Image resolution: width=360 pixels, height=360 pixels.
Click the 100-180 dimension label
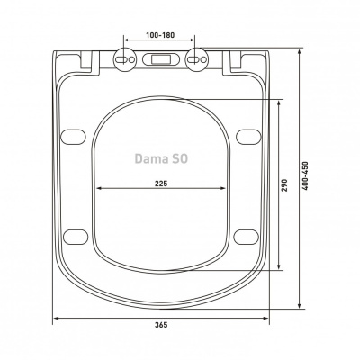(160, 35)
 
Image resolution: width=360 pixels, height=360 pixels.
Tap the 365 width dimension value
(161, 324)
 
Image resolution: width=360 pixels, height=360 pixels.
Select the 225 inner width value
(161, 184)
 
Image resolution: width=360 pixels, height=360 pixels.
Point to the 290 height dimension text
(284, 185)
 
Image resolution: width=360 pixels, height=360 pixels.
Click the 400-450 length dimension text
(305, 175)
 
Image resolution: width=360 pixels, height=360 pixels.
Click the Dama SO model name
(161, 158)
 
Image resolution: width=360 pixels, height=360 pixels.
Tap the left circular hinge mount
(125, 59)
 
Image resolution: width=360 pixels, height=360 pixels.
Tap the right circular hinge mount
(196, 59)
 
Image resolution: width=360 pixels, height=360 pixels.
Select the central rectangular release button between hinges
(160, 59)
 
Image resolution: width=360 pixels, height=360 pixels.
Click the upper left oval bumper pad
(73, 137)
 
